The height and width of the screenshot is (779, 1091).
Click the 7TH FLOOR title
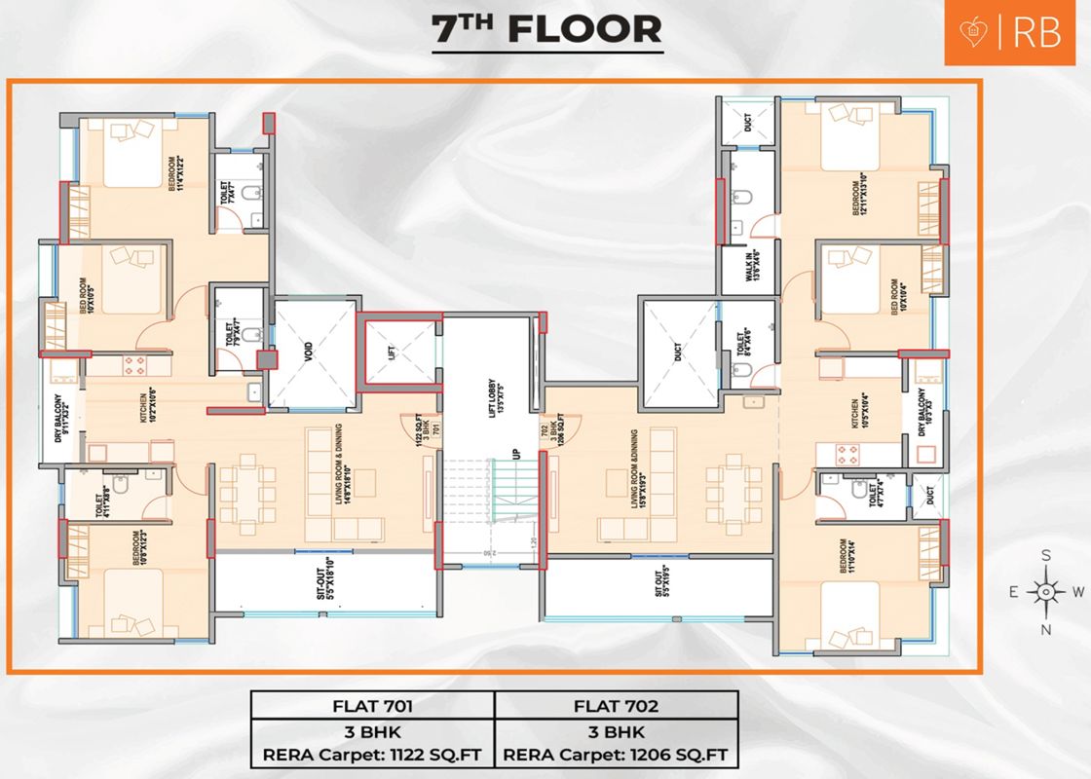[x=546, y=30]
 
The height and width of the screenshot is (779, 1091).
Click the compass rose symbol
[x=1045, y=591]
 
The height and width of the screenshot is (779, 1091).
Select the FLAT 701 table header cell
[x=373, y=704]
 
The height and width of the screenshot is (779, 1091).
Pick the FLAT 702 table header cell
[x=616, y=704]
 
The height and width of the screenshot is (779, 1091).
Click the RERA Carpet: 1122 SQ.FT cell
[x=373, y=754]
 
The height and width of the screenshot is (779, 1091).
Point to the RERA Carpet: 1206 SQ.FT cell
[x=616, y=754]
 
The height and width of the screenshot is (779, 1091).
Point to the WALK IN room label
[x=752, y=265]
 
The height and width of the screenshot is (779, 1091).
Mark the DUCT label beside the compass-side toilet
[x=931, y=495]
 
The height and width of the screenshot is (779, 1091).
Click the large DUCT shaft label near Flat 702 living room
[x=678, y=352]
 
